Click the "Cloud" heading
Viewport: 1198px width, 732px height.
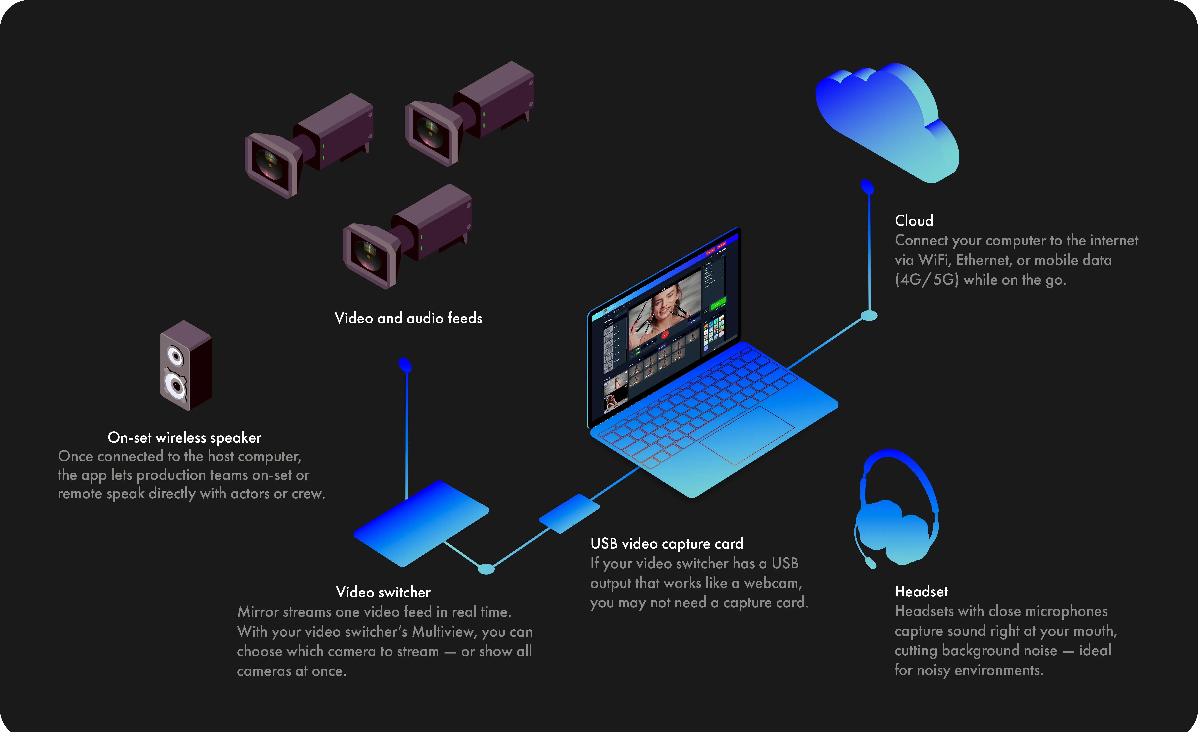(x=913, y=221)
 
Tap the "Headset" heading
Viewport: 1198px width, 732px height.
(x=921, y=592)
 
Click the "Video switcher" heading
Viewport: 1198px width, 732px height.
(x=383, y=592)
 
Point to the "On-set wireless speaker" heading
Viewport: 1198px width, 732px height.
(x=184, y=437)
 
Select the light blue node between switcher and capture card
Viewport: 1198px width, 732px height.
(x=486, y=569)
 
